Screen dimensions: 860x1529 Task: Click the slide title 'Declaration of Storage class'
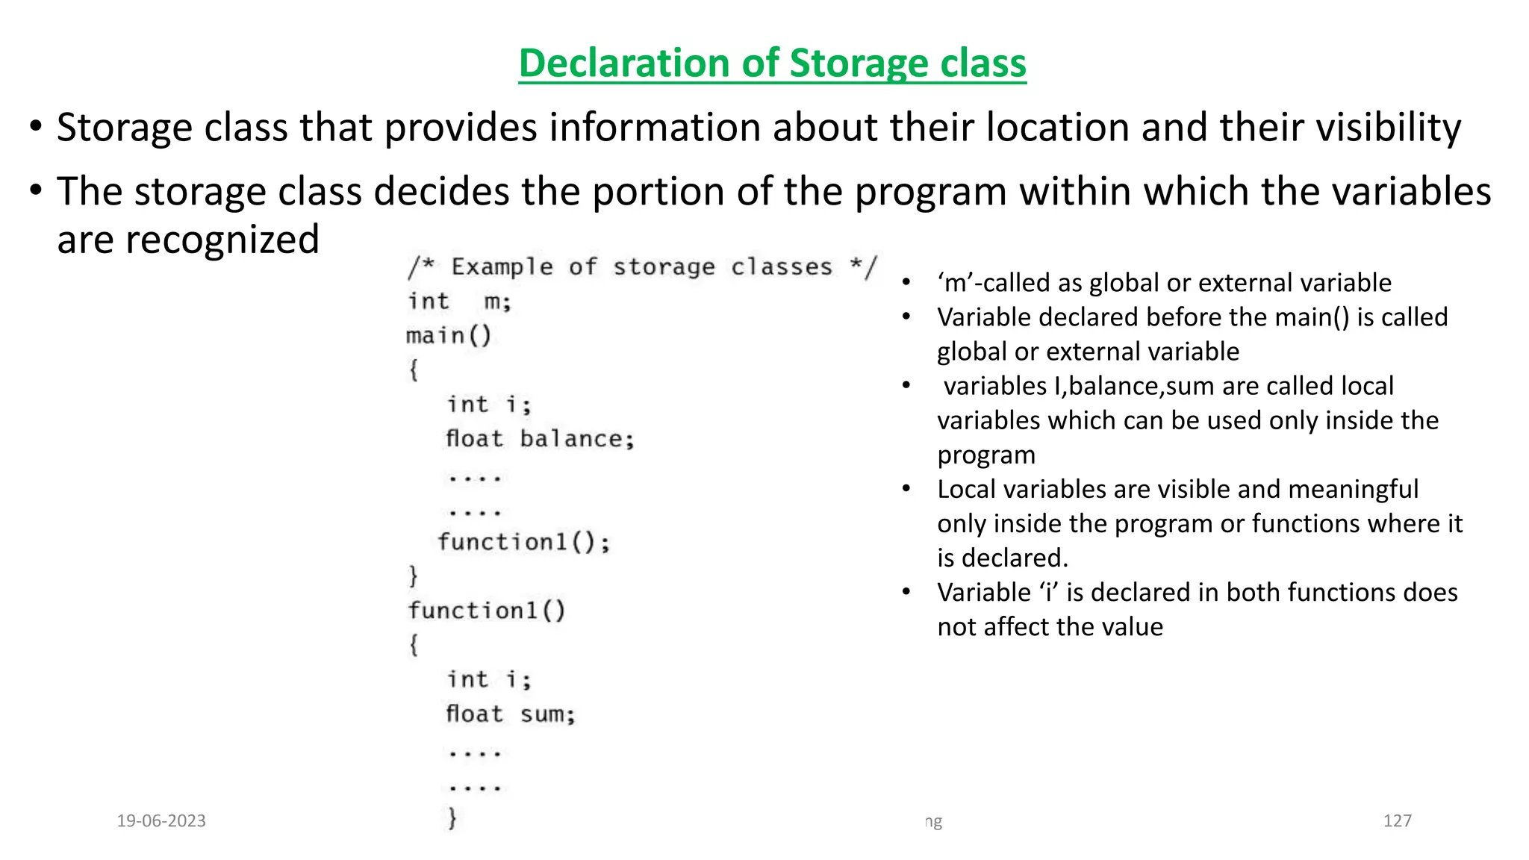tap(772, 63)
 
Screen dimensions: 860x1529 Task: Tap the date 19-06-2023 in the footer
tap(161, 821)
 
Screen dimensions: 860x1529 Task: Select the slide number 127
tap(1397, 821)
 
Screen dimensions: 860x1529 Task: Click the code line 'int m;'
tap(459, 302)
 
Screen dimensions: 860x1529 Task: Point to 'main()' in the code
tap(449, 336)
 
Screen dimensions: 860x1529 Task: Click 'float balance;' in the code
tap(540, 439)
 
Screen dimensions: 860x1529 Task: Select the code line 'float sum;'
tap(511, 714)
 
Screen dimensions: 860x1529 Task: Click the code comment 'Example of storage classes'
tap(642, 267)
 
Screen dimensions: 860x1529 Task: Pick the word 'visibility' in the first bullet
tap(1388, 128)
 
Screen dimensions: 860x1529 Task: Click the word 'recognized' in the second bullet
tap(222, 240)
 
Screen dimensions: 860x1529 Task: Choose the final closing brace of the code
tap(452, 819)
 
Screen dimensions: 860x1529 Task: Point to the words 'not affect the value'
tap(1050, 627)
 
